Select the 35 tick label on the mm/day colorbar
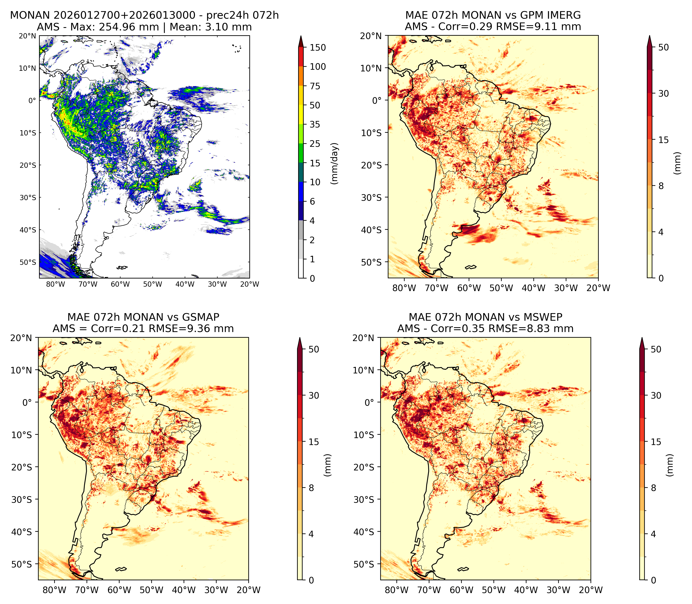315,124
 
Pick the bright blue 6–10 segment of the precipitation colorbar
301,192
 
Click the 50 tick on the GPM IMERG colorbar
663,47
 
